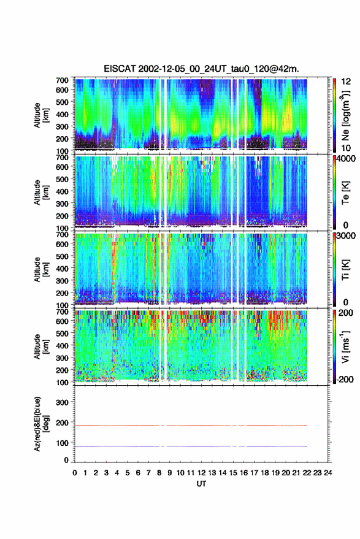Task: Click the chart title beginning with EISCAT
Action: [202, 69]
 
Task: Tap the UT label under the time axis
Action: [201, 484]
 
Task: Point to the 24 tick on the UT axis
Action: [327, 473]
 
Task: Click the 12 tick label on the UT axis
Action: [202, 473]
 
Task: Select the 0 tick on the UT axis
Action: [75, 473]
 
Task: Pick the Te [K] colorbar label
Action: [345, 193]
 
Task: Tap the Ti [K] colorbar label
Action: [345, 270]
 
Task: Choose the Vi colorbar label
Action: [345, 347]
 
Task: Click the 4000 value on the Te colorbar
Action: [347, 159]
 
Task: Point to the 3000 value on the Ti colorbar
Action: [347, 236]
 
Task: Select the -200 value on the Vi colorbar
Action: [344, 379]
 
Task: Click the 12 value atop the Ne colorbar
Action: [346, 82]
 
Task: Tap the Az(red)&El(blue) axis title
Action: [41, 424]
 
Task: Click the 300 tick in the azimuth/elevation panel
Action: [62, 402]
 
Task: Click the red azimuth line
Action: [191, 426]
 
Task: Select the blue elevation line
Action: [191, 446]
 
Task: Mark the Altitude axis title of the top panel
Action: [41, 115]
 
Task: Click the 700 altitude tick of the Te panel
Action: [62, 158]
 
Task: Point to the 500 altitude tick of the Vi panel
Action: [62, 333]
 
